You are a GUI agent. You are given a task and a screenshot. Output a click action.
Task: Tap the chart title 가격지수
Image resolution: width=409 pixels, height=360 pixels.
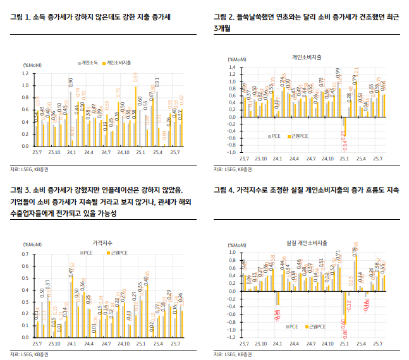tap(101, 243)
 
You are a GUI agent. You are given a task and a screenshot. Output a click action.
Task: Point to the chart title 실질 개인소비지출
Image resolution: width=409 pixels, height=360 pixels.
tap(304, 243)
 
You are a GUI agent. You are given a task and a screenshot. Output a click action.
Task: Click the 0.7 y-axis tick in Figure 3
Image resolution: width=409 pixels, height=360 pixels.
tap(26, 254)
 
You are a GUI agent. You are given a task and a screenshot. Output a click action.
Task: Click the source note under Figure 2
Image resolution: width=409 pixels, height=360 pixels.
tap(232, 169)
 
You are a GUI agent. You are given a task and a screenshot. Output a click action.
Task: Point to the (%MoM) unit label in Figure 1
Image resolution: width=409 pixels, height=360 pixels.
tap(32, 65)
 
